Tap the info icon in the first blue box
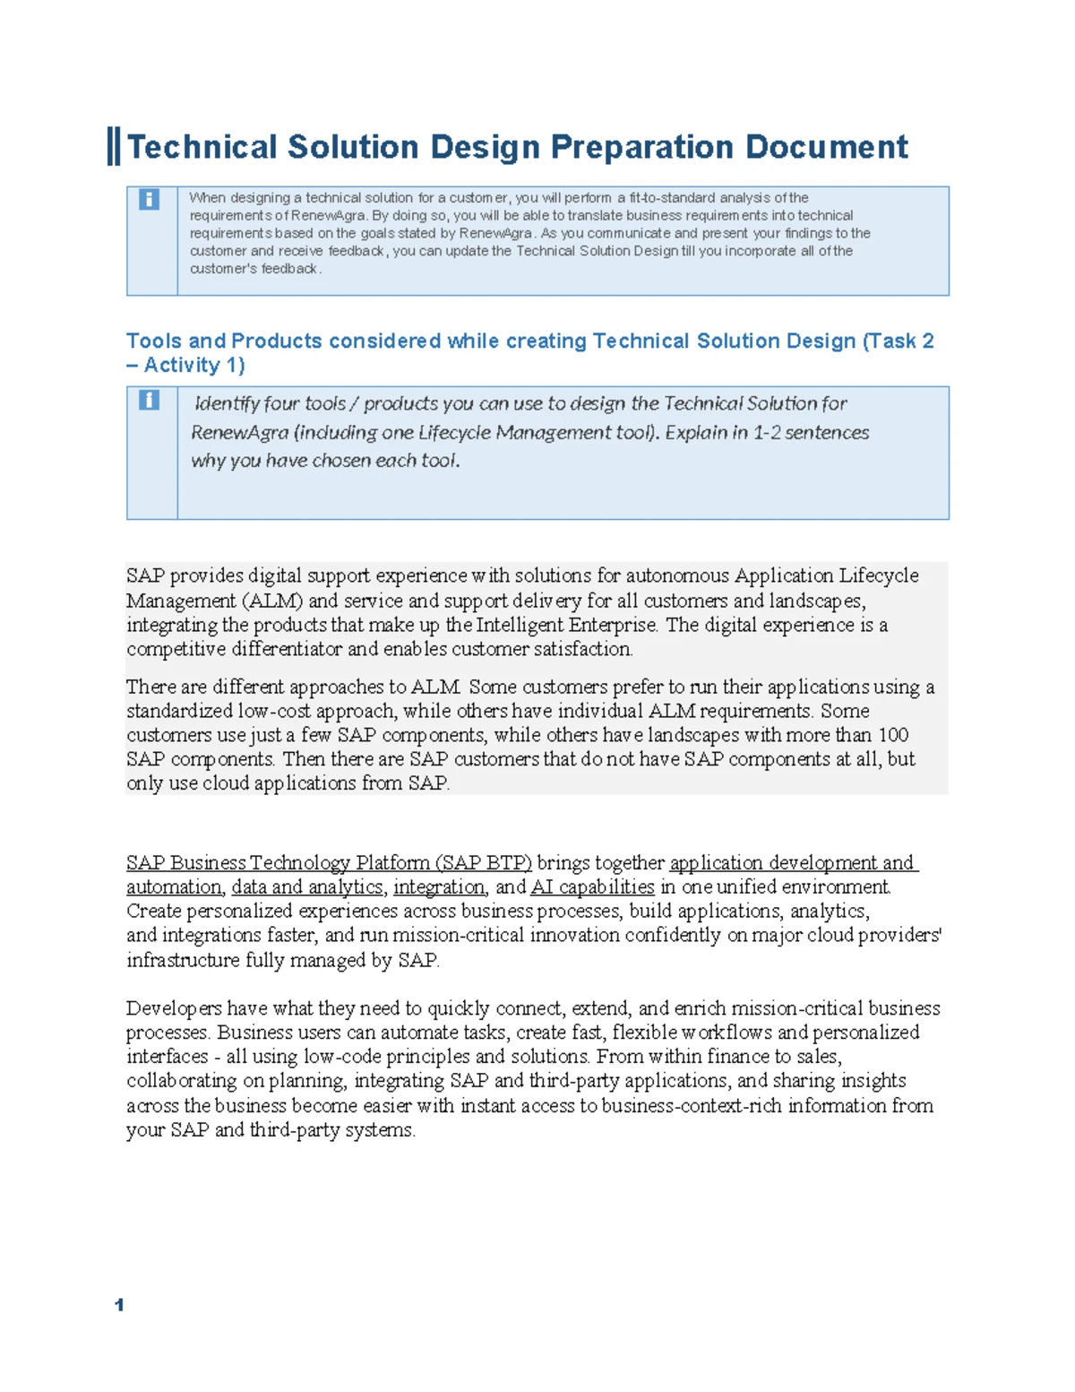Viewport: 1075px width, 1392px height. [x=149, y=199]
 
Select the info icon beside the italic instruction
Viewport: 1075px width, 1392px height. [x=149, y=400]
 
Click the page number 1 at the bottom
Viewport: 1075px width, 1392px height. [x=119, y=1305]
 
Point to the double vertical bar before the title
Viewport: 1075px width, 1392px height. [x=114, y=146]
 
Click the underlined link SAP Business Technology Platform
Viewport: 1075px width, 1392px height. [x=329, y=862]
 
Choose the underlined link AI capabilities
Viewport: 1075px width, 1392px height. [x=592, y=886]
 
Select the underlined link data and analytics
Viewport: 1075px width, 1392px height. [x=307, y=886]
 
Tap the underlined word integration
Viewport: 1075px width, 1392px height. [x=439, y=886]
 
